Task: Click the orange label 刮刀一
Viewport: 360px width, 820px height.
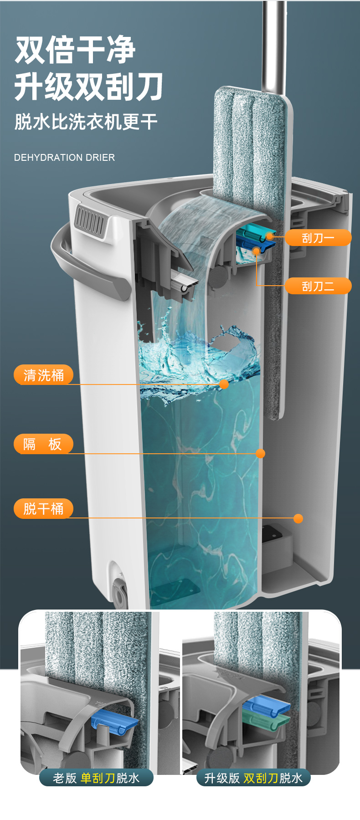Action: click(318, 237)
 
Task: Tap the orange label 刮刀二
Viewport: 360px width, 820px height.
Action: click(318, 286)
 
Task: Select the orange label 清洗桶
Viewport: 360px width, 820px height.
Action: click(44, 375)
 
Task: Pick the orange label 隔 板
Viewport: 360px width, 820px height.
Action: click(44, 444)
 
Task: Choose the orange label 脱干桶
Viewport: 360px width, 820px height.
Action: click(44, 508)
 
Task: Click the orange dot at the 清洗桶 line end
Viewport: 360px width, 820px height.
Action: click(224, 384)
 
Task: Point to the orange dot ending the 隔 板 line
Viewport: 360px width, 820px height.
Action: click(261, 453)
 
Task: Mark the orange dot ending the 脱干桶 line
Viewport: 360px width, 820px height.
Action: click(298, 518)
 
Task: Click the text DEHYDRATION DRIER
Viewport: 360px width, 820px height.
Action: click(64, 158)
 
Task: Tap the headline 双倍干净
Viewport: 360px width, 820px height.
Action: click(75, 50)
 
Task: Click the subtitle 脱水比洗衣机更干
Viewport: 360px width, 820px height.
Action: click(86, 122)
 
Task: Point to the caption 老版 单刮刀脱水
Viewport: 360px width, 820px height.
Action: click(96, 778)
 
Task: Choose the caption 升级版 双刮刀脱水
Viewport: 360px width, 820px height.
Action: click(253, 778)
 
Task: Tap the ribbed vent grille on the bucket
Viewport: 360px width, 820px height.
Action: click(90, 221)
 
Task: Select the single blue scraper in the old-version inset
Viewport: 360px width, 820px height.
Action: click(114, 720)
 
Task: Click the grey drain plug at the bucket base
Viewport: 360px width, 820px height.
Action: click(119, 593)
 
